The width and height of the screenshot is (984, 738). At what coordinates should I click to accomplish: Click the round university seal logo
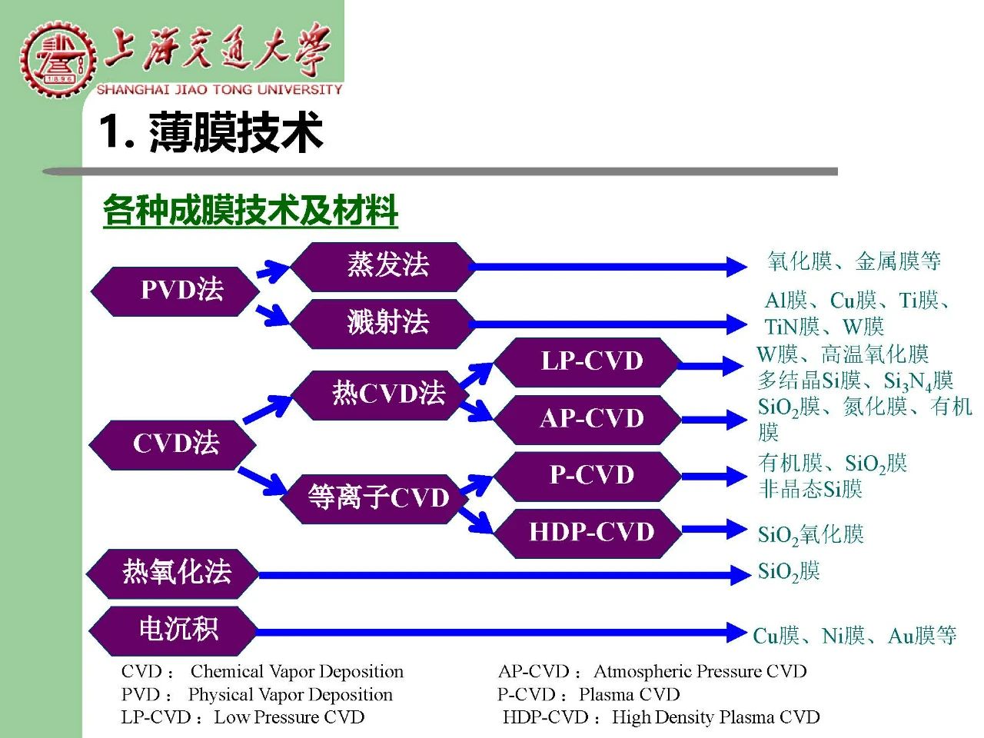click(58, 59)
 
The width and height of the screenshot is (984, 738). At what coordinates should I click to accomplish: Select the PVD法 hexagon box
click(175, 291)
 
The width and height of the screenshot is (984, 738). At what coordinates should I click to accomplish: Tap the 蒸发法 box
click(383, 267)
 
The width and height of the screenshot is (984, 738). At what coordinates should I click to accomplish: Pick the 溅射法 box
click(383, 324)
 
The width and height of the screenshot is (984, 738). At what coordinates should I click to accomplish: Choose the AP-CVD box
click(587, 420)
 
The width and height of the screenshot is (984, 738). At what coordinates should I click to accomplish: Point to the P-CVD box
click(587, 477)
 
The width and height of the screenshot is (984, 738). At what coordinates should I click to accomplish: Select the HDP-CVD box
click(587, 534)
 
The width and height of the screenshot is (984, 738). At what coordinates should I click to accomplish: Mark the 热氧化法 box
click(173, 573)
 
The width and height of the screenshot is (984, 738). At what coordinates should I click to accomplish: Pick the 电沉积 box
click(173, 631)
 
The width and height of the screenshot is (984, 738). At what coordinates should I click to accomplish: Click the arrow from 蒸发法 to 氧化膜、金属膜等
click(608, 267)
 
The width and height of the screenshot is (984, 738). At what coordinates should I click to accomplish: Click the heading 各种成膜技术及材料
click(251, 210)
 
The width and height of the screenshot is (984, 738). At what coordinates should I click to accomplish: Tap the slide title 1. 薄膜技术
click(211, 131)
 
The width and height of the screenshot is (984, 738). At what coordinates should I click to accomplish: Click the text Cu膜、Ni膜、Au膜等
click(854, 636)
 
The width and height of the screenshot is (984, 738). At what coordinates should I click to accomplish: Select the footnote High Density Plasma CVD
click(716, 717)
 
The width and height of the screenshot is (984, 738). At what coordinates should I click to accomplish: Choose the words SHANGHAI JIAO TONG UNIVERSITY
click(219, 90)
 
